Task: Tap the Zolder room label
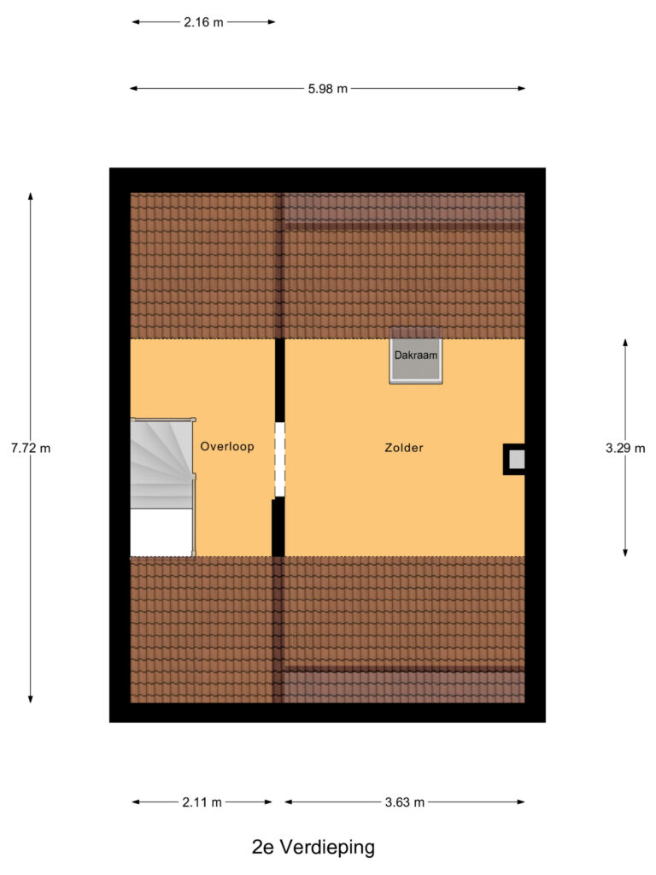click(404, 447)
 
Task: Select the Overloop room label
click(227, 446)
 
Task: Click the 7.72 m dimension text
click(31, 448)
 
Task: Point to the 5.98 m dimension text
click(327, 89)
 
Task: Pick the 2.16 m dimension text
click(203, 23)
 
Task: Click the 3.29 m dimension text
click(625, 448)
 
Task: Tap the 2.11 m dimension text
click(202, 802)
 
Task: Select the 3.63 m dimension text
click(404, 802)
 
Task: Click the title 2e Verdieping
click(313, 848)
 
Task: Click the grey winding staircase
click(161, 461)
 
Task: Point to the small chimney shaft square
click(515, 460)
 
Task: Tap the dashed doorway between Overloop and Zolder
click(278, 460)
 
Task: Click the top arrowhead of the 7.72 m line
click(31, 197)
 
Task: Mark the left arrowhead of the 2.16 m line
click(135, 23)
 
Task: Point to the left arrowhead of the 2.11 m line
click(135, 802)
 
